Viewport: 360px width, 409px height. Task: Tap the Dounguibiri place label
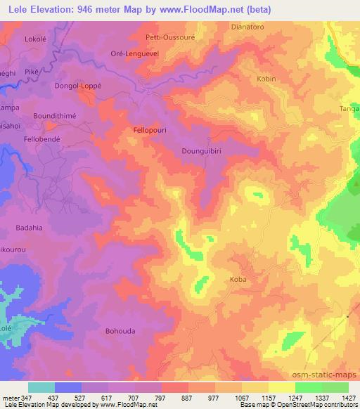point(202,150)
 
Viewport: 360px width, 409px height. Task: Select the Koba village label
point(238,279)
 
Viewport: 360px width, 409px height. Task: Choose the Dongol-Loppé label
point(75,86)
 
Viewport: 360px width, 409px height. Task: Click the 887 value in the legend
point(188,398)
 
